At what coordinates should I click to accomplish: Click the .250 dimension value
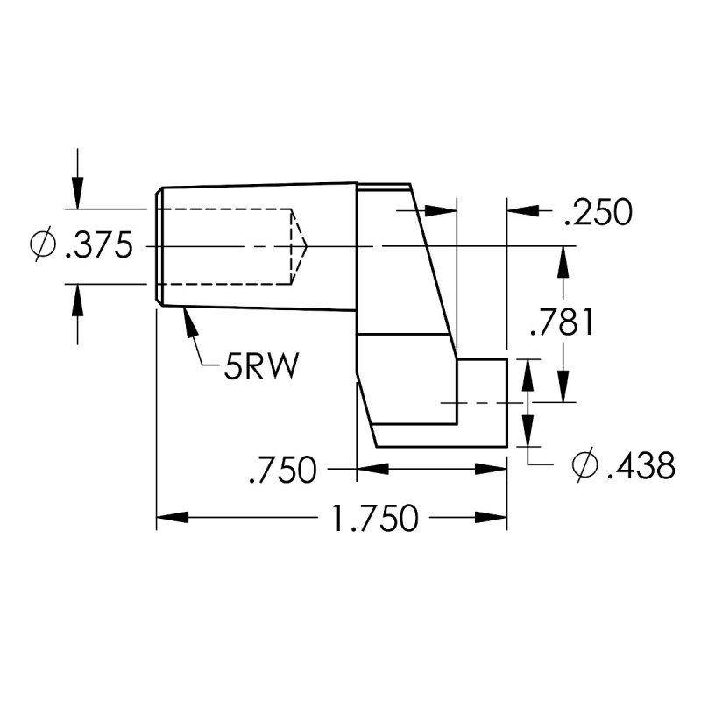tap(598, 213)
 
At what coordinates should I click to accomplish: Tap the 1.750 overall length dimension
tap(374, 519)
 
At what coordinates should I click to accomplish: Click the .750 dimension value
tap(282, 471)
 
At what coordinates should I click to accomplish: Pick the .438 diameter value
tap(641, 465)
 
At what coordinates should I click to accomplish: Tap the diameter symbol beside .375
tap(41, 246)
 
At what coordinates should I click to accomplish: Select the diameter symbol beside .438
tap(584, 465)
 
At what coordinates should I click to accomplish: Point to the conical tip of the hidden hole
tap(300, 246)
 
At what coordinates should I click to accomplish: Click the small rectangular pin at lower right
tap(482, 402)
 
